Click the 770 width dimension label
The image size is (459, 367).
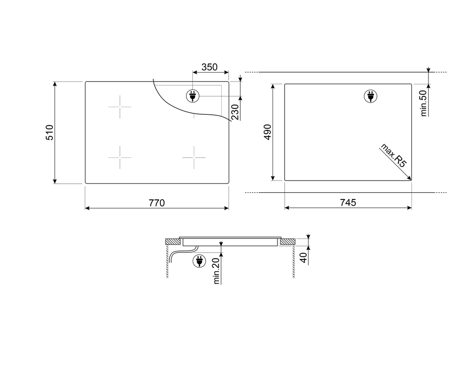[156, 203]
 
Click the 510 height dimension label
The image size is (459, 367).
[50, 132]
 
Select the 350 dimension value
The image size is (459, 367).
[209, 67]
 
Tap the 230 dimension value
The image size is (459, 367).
[235, 112]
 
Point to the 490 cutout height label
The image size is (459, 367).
[268, 132]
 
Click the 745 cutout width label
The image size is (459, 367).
[348, 203]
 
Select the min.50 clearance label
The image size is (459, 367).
[423, 103]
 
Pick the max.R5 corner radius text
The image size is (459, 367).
[394, 155]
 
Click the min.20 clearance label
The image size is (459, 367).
[217, 271]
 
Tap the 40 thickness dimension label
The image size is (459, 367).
[303, 258]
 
